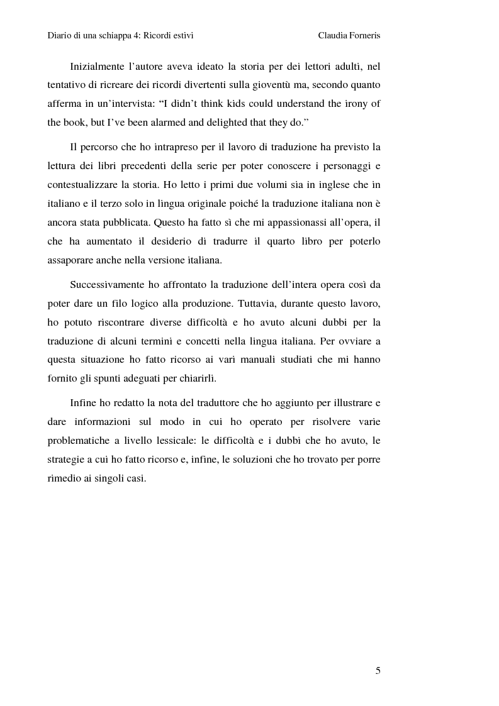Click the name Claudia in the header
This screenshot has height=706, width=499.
click(334, 36)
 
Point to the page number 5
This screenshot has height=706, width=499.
click(378, 670)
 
